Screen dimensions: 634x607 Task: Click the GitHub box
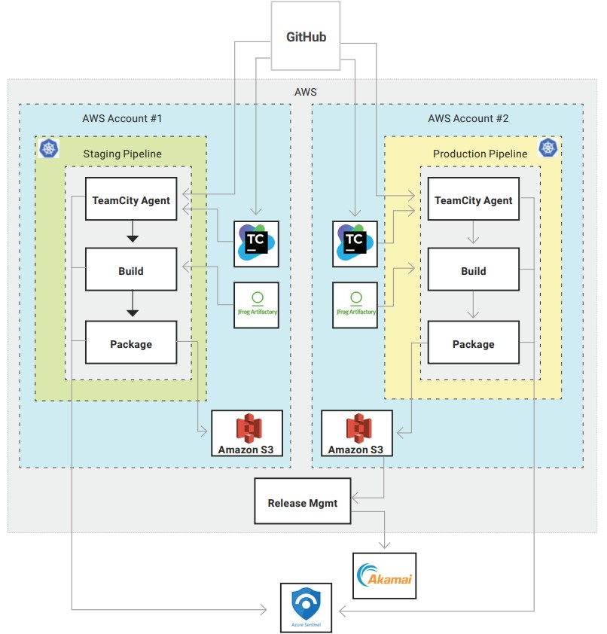coord(307,36)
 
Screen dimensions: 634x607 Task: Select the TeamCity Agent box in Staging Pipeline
coord(131,200)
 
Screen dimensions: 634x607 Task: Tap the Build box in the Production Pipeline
coord(473,271)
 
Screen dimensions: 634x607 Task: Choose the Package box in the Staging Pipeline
coord(131,344)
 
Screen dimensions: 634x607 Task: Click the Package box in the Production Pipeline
coord(473,344)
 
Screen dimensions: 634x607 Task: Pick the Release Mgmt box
coord(302,502)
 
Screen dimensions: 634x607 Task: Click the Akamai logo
coord(384,576)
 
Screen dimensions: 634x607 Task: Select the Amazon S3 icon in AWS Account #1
coord(249,428)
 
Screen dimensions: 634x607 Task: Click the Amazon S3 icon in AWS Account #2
coord(358,428)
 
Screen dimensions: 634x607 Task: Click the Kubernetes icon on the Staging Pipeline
coord(49,148)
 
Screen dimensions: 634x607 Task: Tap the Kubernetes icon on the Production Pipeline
coord(548,148)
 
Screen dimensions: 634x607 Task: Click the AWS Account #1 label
coord(122,118)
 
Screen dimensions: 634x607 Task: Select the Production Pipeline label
coord(480,154)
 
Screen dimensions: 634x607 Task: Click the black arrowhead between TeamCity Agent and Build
coord(132,238)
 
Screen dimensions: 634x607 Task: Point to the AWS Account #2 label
coord(468,118)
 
